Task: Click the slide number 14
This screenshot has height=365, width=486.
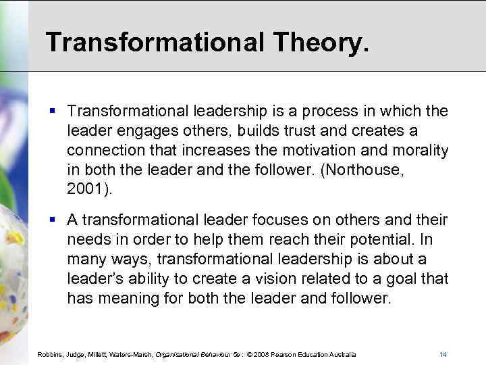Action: point(443,355)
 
